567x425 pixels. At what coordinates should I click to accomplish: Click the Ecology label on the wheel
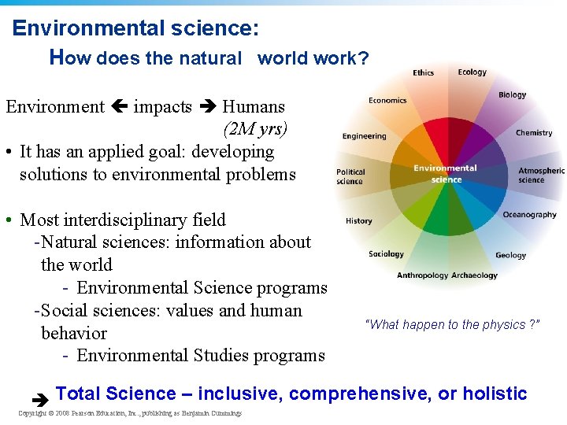(472, 72)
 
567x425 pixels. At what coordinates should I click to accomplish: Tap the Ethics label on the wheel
(423, 73)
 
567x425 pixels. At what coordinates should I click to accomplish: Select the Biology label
(512, 95)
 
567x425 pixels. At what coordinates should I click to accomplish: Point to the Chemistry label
(534, 133)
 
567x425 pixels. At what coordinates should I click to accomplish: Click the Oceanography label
(529, 215)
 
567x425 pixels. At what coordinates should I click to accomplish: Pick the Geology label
(510, 255)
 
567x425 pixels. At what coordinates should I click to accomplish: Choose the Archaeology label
(475, 275)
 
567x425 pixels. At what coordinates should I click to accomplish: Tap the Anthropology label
(423, 275)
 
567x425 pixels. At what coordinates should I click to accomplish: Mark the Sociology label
(386, 254)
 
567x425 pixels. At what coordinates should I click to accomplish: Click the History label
(358, 221)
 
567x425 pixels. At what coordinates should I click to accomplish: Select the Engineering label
(364, 136)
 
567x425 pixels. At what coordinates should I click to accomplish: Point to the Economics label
(387, 101)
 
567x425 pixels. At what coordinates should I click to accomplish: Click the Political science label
(350, 176)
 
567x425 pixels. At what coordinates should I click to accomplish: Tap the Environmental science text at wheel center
(445, 173)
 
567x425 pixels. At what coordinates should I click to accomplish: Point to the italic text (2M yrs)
(255, 128)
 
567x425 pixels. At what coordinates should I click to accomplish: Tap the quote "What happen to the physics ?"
(452, 324)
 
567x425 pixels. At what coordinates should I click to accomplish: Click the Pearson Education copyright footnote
(130, 413)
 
